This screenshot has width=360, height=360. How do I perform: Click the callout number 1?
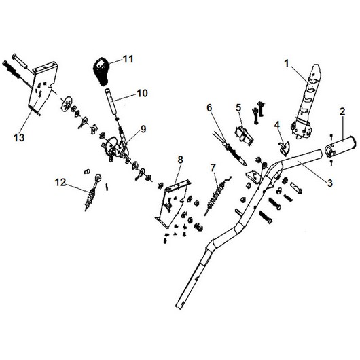286,63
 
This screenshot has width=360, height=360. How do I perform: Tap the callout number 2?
342,112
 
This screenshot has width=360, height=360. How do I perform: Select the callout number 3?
329,183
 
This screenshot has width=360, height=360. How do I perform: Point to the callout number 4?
277,125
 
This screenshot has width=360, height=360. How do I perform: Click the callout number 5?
239,108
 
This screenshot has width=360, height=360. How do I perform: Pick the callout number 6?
210,107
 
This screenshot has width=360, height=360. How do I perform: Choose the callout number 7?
213,168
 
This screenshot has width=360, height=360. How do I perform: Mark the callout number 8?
181,160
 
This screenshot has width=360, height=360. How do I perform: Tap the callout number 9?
143,129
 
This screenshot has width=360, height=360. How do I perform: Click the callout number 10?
142,94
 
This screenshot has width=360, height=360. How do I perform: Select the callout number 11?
128,59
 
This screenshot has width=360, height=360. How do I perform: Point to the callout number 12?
60,183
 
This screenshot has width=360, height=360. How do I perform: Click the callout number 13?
19,138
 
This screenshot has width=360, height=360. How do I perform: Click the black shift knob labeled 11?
102,71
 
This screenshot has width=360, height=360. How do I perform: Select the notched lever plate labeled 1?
306,102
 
